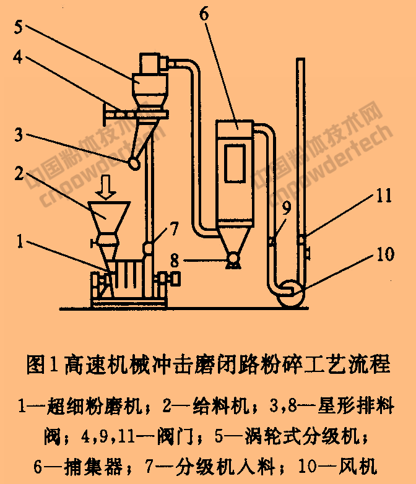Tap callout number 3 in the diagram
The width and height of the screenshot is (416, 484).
[x=20, y=134]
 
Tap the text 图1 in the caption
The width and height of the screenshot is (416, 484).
[x=42, y=363]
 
